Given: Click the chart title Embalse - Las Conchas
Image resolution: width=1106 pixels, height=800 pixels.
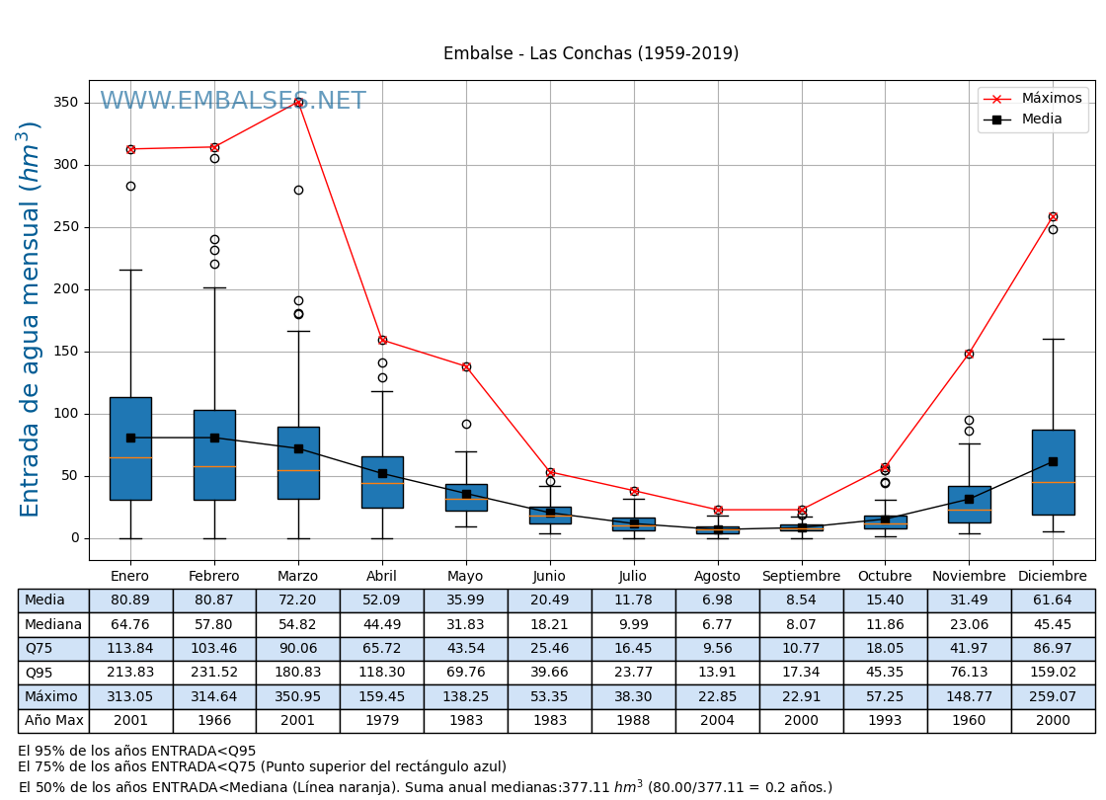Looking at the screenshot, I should (x=591, y=54).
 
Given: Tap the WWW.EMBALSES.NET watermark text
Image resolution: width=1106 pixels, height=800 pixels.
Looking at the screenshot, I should (x=233, y=102).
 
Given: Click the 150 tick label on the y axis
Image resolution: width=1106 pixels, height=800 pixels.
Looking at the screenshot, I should (x=66, y=352).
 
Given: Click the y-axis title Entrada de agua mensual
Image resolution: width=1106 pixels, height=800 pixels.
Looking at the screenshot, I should (x=31, y=319).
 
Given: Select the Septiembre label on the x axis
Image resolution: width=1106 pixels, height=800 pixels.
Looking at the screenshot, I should (x=801, y=577).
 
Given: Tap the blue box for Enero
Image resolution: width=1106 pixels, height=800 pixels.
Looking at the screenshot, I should (x=130, y=448).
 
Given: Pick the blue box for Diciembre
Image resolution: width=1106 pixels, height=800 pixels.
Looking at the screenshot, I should (x=1053, y=472).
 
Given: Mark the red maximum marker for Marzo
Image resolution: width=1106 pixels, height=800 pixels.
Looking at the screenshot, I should (x=298, y=102).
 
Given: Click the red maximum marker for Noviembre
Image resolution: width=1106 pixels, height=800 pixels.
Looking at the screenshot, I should (x=969, y=354).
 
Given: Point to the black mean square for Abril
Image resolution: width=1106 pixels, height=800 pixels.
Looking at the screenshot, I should (x=382, y=473).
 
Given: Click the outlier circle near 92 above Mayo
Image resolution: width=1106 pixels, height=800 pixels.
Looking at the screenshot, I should (x=466, y=424).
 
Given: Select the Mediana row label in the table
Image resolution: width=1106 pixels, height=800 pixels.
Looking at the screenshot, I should (x=53, y=625).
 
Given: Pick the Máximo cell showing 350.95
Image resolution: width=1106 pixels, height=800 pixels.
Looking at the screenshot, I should (x=297, y=697).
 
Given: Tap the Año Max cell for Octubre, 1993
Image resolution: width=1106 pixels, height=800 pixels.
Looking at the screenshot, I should (x=885, y=721).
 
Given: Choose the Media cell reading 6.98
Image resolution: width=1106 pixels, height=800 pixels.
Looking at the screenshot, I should (x=717, y=600).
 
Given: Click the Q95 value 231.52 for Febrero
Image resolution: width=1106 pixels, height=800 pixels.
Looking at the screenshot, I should (x=213, y=673).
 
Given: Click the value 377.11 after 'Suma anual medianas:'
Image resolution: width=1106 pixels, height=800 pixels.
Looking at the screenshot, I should (x=590, y=788).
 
